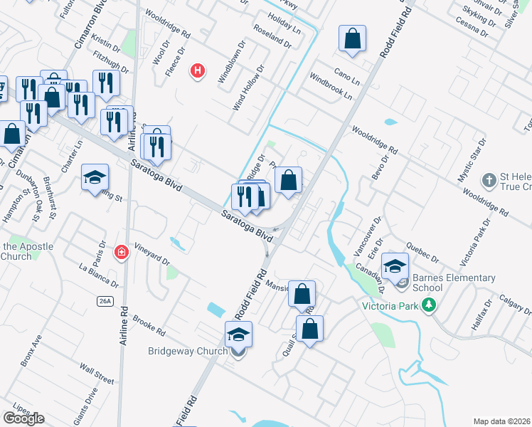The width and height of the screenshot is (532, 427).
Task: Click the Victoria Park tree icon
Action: coord(428,306)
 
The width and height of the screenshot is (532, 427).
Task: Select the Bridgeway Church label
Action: coord(188,351)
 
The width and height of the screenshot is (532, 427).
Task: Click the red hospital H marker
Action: coord(198,71)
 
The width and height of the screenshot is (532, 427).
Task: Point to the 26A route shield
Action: coord(105,302)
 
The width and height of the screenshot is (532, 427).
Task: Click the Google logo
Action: coord(23,418)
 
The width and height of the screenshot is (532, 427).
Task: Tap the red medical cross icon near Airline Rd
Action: coord(122,253)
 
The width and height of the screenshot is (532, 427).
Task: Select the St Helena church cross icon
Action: coord(488,181)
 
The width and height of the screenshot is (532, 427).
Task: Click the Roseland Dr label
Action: coord(272,36)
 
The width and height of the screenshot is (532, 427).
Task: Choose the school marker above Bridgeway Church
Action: coord(239,334)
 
